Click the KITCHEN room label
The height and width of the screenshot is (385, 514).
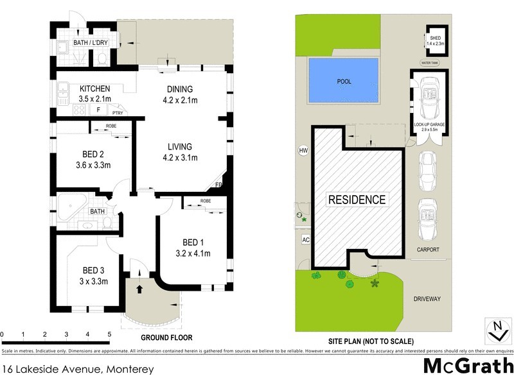pyautogui.click(x=95, y=89)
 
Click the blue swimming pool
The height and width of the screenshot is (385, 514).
pyautogui.click(x=343, y=81)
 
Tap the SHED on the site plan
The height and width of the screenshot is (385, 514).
pyautogui.click(x=435, y=41)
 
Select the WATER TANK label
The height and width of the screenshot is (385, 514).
pyautogui.click(x=430, y=63)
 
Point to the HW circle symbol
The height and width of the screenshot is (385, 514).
pyautogui.click(x=303, y=151)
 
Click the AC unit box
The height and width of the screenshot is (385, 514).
pyautogui.click(x=305, y=239)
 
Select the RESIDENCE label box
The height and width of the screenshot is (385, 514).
pyautogui.click(x=357, y=199)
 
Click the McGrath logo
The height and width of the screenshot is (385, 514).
pyautogui.click(x=468, y=366)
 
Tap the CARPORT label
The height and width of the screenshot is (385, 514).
pyautogui.click(x=428, y=249)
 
